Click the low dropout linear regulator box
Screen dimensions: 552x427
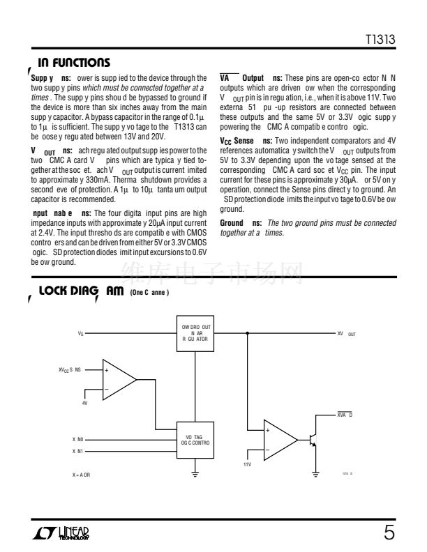197,334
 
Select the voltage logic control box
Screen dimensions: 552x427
197,439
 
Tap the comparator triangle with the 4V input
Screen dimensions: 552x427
117,381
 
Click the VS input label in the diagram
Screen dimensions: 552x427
81,335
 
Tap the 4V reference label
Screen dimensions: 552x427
84,403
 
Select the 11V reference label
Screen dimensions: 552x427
247,463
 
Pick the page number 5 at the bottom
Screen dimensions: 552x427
389,534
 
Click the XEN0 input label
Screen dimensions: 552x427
78,440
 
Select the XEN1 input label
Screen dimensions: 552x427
78,451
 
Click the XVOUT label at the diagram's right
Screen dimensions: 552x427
346,334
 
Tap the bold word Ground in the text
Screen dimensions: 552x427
232,222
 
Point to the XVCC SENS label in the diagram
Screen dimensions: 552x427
70,369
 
